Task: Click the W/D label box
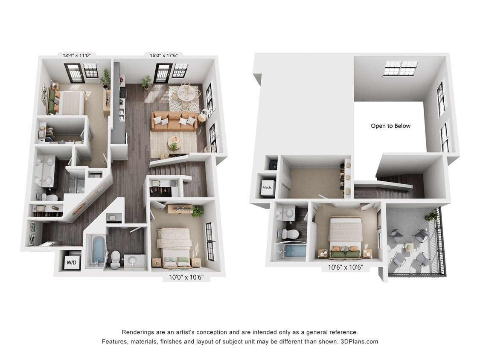coord(70,262)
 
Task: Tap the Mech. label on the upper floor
coord(267,187)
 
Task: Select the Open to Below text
coord(390,126)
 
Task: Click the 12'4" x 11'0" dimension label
coord(77,55)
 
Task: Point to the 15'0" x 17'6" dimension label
coord(163,55)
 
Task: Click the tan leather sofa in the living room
coord(174,121)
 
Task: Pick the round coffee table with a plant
coord(174,142)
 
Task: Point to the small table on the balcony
coord(409,247)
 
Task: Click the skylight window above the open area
coord(401,68)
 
